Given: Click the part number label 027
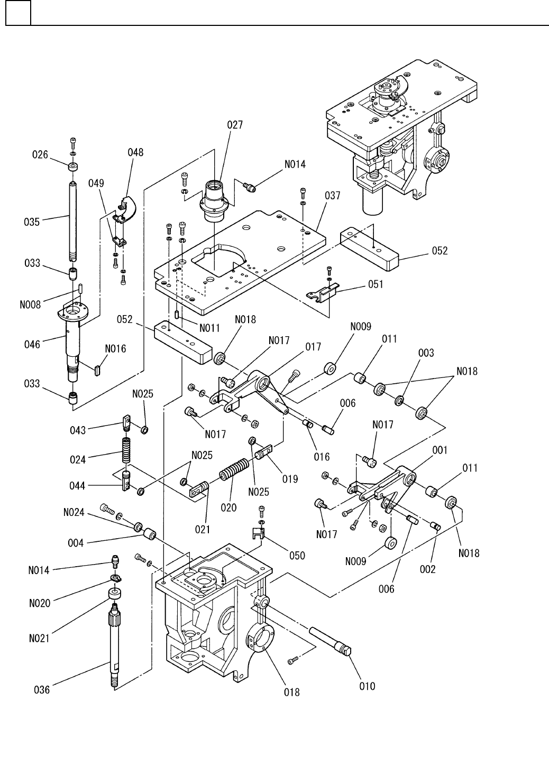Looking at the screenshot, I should click(235, 125).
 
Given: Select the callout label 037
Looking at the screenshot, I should click(332, 196).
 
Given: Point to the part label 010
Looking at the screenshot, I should click(367, 686).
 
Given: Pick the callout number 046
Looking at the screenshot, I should click(32, 345).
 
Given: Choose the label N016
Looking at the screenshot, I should click(115, 348).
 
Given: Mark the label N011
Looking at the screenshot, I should click(209, 328).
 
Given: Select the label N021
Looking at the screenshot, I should click(39, 638).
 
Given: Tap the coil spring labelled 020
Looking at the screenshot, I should click(233, 469).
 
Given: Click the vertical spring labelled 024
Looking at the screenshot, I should click(126, 449).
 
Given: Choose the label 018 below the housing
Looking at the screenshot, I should click(292, 691).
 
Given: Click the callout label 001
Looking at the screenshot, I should click(439, 450).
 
